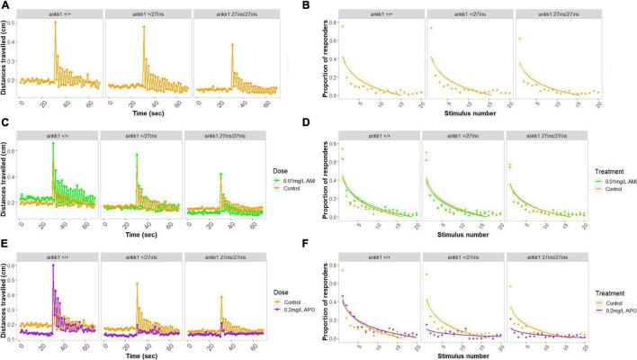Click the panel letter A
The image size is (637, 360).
[x=4, y=5]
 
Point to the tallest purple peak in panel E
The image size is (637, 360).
[x=53, y=265]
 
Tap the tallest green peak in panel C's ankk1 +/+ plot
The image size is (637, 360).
[x=53, y=143]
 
